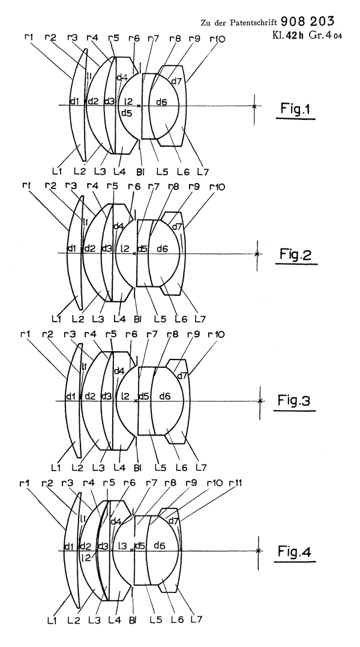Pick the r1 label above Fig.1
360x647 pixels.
coord(28,39)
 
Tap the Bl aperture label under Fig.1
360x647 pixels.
coord(139,172)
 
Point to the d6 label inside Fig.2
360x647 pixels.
coord(161,249)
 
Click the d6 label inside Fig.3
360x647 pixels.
coord(164,396)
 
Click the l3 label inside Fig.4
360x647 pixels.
coord(123,546)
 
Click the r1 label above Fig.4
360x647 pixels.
coord(25,483)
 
